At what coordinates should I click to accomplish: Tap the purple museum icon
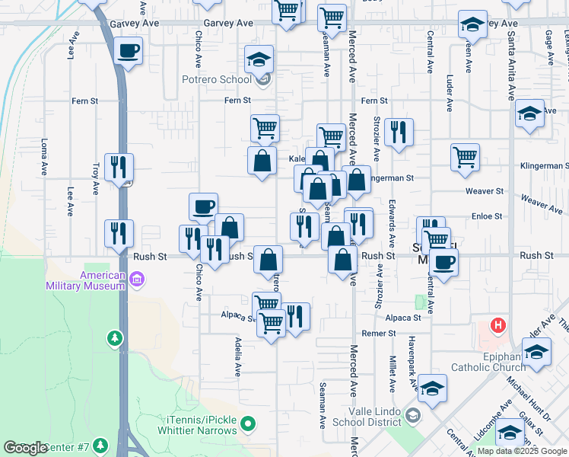137,280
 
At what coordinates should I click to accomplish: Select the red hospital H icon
498,326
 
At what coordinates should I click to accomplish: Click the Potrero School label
216,79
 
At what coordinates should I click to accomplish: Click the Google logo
25,448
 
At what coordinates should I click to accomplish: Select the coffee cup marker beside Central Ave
443,263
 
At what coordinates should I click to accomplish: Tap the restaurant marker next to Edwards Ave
399,133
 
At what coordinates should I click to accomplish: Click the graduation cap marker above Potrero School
259,59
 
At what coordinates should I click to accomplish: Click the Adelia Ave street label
238,356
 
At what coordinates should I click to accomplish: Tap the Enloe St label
487,216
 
